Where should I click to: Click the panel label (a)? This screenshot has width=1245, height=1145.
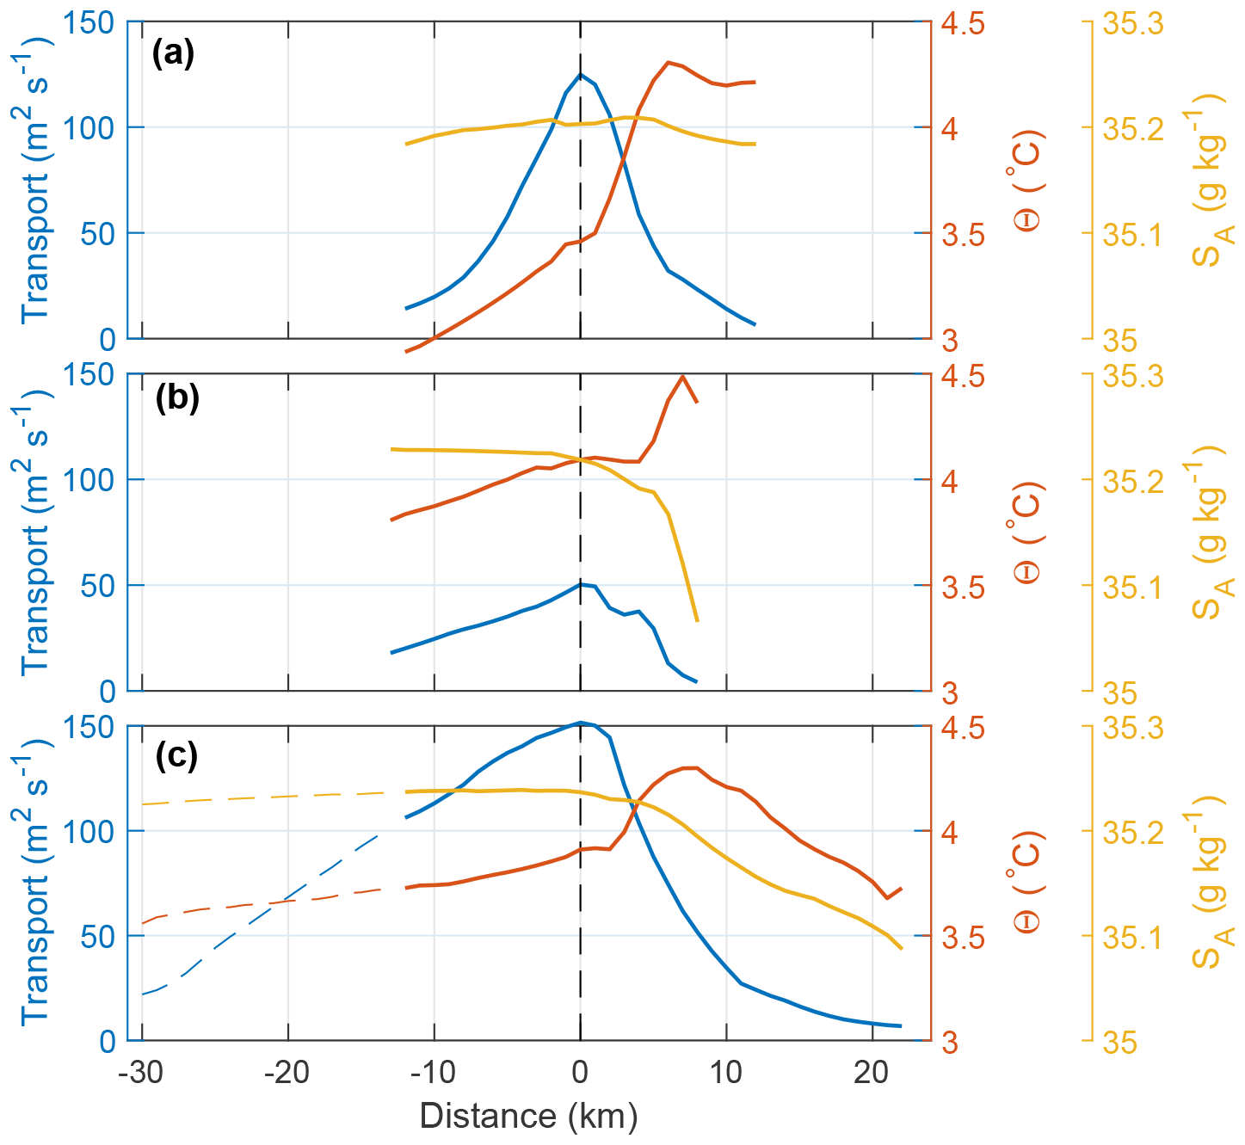click(173, 54)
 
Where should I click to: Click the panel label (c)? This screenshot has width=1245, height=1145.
click(176, 755)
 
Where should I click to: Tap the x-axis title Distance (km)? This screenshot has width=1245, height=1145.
click(528, 1116)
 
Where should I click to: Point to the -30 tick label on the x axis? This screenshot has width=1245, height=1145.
click(142, 1073)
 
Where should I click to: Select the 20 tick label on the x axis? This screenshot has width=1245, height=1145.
click(872, 1073)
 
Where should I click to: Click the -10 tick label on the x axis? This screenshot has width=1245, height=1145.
click(435, 1073)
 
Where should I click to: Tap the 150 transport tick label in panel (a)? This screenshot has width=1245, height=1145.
click(89, 23)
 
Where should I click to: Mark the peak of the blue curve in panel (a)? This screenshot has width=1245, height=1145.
click(581, 74)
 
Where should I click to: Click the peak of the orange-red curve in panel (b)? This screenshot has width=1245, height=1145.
click(683, 376)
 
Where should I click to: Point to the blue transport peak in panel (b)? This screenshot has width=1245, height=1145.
click(581, 584)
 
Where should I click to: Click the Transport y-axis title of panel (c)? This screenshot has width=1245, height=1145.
click(36, 882)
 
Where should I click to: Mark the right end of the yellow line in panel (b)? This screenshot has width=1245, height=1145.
click(697, 620)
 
